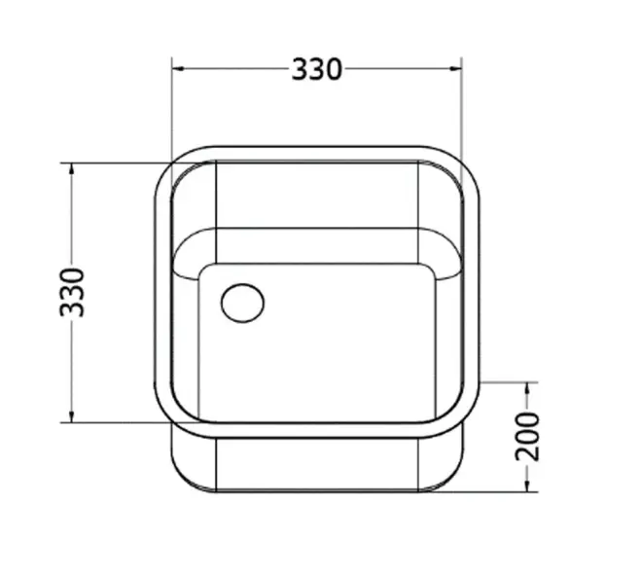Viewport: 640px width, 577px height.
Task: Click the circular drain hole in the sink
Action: point(242,303)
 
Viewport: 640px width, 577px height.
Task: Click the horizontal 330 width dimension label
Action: point(317,69)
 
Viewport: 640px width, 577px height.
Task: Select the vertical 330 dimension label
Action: point(72,292)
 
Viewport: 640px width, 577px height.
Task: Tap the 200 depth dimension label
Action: point(527,437)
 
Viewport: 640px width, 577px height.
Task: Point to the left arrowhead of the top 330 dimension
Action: point(178,69)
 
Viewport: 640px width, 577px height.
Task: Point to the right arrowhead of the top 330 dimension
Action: point(455,69)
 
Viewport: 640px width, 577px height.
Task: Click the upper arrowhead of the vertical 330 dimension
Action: point(72,169)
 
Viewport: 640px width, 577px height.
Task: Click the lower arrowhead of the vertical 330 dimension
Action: point(72,415)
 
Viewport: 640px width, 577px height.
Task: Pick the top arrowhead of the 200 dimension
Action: point(527,389)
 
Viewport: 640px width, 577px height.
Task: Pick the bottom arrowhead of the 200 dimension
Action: point(527,485)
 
